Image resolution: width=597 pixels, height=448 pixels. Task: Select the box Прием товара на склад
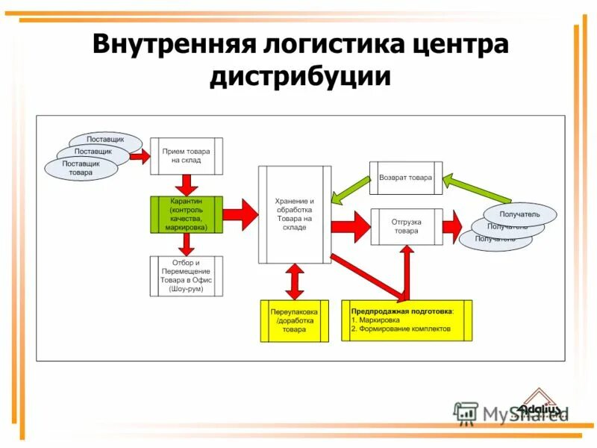187,155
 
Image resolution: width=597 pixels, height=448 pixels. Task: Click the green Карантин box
186,214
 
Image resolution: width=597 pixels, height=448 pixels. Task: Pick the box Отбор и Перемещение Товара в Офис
186,276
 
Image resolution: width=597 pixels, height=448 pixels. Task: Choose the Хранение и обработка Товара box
294,214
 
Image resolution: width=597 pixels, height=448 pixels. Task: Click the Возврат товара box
405,178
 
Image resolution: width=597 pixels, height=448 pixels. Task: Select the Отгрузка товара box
406,225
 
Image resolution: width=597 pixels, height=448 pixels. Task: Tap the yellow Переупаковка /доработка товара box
294,320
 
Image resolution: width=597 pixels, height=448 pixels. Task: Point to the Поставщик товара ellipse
78,168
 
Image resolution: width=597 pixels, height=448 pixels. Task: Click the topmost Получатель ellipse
520,214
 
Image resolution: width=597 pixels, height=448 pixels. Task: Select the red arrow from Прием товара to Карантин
186,184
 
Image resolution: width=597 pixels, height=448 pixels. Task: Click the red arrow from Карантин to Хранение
240,214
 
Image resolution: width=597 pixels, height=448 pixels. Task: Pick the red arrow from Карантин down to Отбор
186,243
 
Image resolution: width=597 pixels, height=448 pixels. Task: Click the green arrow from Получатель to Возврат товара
478,187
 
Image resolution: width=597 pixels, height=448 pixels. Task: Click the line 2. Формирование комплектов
401,329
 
